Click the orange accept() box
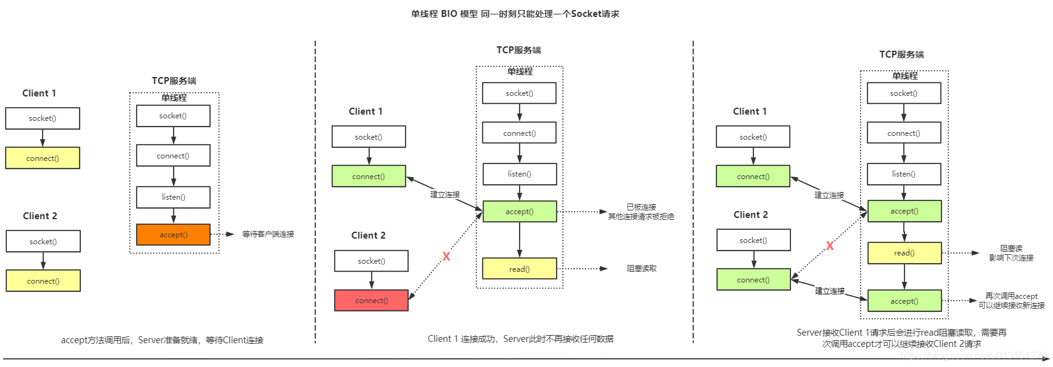[173, 235]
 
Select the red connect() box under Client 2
[371, 301]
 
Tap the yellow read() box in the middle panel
[519, 269]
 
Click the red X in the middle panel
[446, 256]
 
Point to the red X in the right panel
[830, 246]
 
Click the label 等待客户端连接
[268, 234]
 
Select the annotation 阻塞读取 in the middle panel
[641, 269]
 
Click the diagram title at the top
[515, 14]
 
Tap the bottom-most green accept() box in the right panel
[904, 301]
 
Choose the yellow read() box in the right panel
[904, 253]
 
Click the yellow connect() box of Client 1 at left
[43, 158]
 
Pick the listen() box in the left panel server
[173, 197]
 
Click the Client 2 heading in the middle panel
[368, 235]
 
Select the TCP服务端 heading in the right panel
[901, 54]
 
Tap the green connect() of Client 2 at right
[753, 280]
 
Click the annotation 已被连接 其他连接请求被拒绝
[641, 212]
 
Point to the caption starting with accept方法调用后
[162, 340]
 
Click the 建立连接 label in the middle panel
[445, 195]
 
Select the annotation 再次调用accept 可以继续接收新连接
[1011, 301]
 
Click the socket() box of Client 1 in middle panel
[368, 137]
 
